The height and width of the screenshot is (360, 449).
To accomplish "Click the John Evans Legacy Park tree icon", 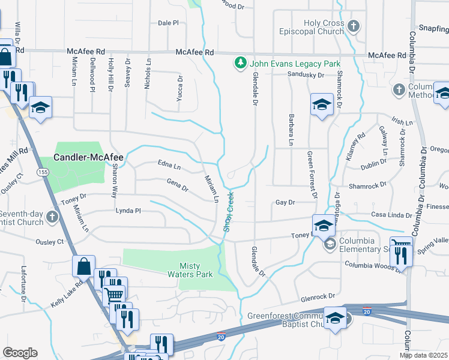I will (240, 63).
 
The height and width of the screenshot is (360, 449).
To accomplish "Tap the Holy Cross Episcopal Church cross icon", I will (354, 26).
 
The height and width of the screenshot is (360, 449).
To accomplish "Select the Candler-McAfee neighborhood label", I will (88, 158).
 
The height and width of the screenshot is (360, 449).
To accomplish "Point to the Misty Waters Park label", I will (196, 270).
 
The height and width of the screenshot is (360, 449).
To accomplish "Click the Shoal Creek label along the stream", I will (228, 206).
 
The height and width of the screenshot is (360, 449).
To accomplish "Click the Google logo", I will (20, 353).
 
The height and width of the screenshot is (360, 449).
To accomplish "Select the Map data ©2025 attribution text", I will (424, 355).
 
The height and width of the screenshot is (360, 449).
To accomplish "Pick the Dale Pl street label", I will (168, 23).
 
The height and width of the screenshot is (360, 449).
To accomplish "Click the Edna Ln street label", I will (169, 165).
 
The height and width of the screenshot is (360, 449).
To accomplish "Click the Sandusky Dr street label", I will (306, 75).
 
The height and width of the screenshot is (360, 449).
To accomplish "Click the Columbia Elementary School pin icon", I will (330, 244).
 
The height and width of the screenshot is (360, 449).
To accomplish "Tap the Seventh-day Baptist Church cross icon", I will (53, 216).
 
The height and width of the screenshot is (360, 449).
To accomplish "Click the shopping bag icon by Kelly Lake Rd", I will (84, 265).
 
